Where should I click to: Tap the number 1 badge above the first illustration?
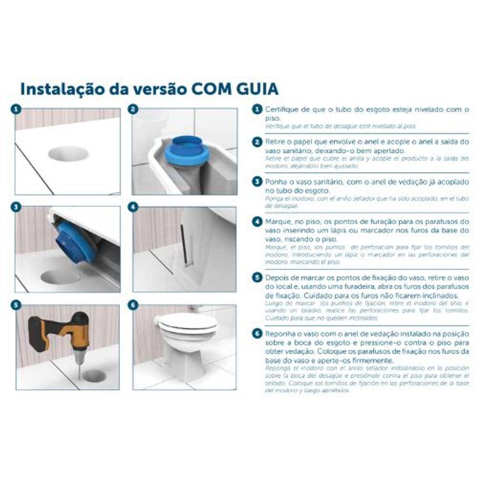pyautogui.click(x=16, y=109)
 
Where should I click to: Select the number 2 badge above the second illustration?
pyautogui.click(x=133, y=109)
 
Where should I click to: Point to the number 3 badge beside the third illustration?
pyautogui.click(x=16, y=207)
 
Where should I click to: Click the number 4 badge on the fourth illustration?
pyautogui.click(x=133, y=207)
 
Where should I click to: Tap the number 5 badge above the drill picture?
pyautogui.click(x=16, y=304)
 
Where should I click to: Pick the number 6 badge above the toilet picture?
pyautogui.click(x=133, y=304)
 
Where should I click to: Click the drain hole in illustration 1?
pyautogui.click(x=68, y=154)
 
